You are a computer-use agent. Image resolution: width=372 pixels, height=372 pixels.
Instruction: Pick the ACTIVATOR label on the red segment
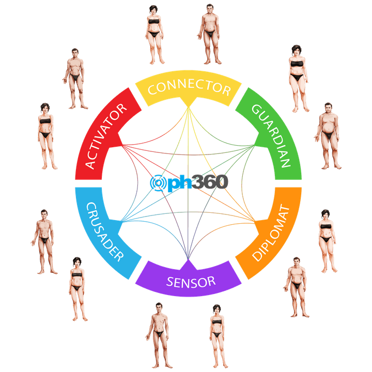pos(106,136)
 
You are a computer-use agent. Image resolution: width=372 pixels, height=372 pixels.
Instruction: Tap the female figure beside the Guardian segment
pos(297,78)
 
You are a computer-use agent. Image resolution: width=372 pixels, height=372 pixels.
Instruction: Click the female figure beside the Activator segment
pos(46,135)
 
